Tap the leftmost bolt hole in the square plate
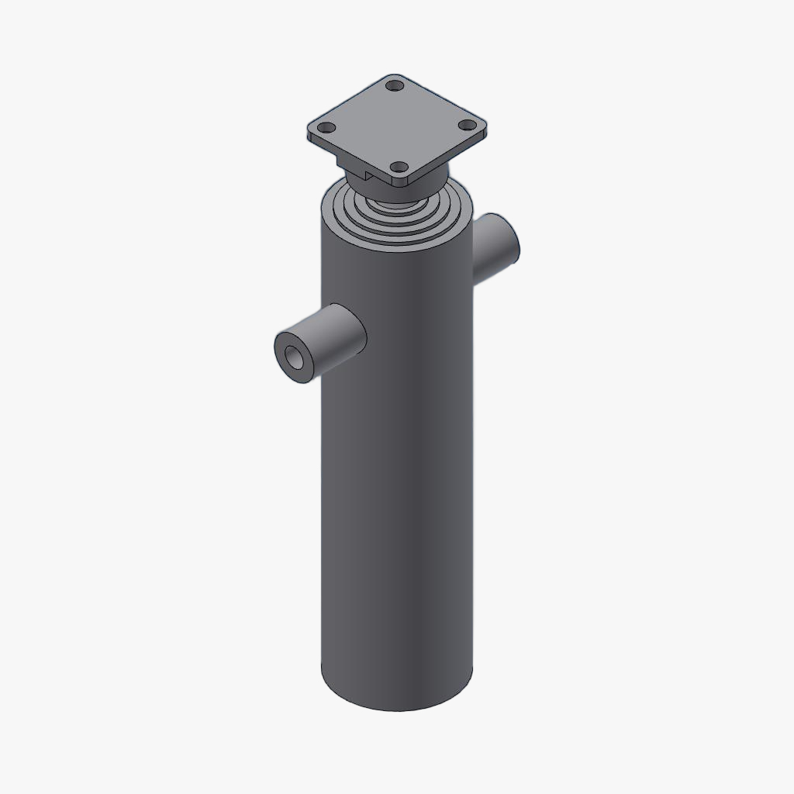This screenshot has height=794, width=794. click(x=328, y=127)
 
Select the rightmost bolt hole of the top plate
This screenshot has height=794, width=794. click(x=467, y=124)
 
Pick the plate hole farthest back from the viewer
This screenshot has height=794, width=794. click(x=395, y=85)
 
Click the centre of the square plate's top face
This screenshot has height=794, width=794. click(x=397, y=126)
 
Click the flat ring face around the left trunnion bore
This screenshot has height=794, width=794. click(x=285, y=347)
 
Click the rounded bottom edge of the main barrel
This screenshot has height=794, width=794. click(x=397, y=707)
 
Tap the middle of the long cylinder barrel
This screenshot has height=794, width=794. click(x=397, y=465)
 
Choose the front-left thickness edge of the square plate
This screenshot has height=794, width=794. click(x=349, y=159)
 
